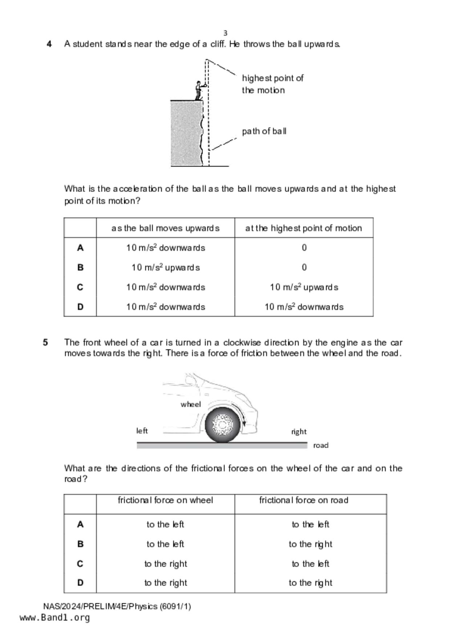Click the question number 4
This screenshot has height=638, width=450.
(49, 44)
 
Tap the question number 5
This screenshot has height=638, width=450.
(45, 343)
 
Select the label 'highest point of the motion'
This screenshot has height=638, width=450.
(272, 84)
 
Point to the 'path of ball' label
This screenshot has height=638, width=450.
(264, 131)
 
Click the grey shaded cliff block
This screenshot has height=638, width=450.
(186, 133)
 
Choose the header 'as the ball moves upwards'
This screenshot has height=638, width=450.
(165, 228)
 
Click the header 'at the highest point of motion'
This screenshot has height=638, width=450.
(304, 228)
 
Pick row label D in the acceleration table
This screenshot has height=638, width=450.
(80, 307)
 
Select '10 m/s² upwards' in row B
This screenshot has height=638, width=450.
(165, 268)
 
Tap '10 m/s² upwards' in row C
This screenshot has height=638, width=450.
(304, 287)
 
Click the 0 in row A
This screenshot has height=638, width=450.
(304, 248)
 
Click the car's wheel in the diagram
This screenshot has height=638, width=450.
(222, 424)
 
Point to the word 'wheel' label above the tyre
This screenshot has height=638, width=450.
(191, 404)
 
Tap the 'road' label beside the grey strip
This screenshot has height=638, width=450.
(321, 446)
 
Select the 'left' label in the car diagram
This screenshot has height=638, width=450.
(142, 431)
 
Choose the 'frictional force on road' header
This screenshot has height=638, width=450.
(304, 501)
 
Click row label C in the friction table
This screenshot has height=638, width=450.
(80, 564)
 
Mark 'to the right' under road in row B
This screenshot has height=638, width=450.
(311, 544)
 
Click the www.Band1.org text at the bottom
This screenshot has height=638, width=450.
(54, 618)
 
